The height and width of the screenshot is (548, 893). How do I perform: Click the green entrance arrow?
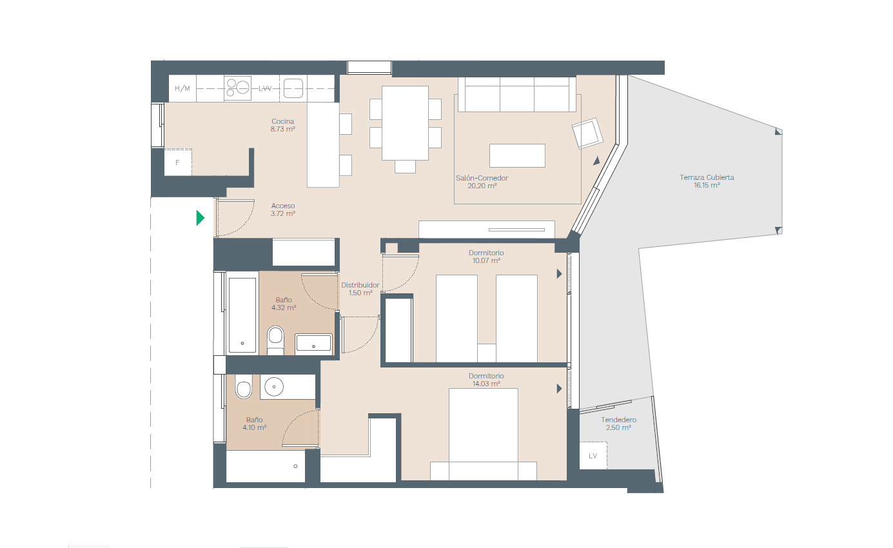point(200,218)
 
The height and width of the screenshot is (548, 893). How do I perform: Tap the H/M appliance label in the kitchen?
point(182,88)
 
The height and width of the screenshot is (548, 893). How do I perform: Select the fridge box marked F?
point(178,162)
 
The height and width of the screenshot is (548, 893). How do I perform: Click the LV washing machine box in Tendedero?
point(593,456)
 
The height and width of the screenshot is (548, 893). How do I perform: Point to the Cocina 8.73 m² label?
point(282,124)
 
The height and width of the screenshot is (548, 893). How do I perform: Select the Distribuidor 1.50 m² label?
point(360,289)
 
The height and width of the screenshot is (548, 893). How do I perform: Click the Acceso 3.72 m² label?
point(283,210)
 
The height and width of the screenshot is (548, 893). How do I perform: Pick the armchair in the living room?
point(587,133)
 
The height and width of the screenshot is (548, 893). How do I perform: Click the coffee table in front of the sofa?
point(517,155)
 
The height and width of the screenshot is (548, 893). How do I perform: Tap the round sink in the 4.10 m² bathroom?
point(274,386)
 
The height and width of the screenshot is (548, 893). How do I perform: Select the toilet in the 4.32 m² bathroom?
point(275,340)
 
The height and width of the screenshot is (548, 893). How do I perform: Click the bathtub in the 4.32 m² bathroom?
point(242,315)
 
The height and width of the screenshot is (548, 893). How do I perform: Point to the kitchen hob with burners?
point(237,88)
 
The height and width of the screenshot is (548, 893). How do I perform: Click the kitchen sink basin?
point(293,88)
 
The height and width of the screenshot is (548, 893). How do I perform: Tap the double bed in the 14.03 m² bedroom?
point(484,434)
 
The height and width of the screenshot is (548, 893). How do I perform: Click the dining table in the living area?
point(405,123)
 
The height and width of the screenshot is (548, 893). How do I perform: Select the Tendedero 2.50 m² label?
point(619,424)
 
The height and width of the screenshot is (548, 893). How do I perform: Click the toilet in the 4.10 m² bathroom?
point(244,386)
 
